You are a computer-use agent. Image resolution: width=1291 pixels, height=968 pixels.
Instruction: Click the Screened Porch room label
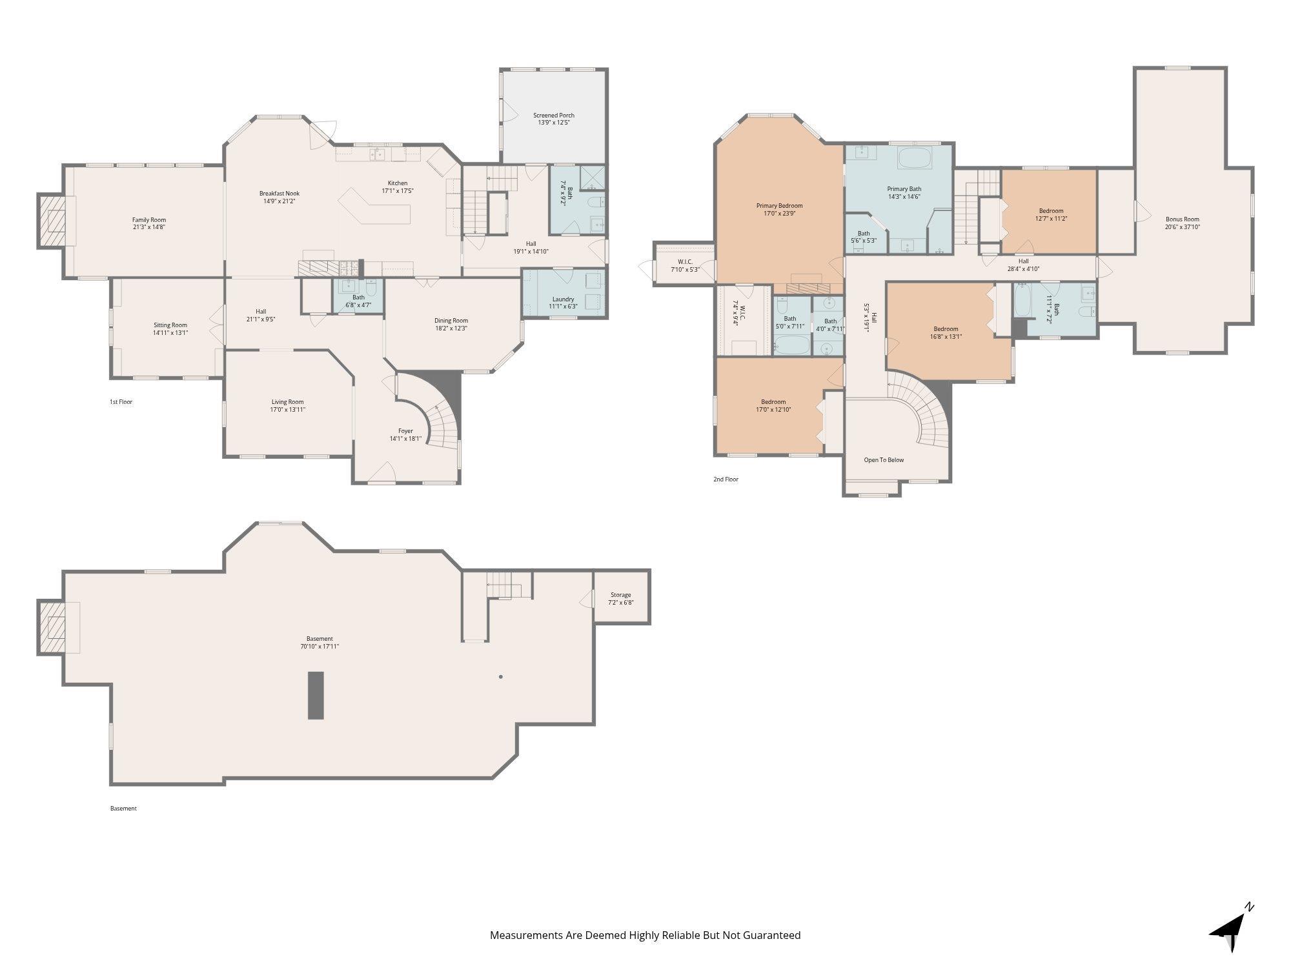553,116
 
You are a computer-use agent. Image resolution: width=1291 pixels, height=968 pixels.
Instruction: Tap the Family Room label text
149,220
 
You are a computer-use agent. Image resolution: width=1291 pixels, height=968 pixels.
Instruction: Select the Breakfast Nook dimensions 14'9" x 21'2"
280,201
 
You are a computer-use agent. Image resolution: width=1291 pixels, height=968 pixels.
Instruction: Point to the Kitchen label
398,183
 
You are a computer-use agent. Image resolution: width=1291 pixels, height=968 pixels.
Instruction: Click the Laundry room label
564,299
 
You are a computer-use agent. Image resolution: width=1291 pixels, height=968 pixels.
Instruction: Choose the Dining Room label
451,321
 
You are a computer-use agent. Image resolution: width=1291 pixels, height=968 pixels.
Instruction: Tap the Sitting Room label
170,325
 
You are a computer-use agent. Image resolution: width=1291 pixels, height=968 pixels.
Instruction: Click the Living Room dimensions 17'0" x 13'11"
288,409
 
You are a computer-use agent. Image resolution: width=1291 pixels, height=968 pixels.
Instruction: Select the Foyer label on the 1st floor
405,431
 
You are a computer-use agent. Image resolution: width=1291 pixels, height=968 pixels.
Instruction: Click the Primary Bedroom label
780,206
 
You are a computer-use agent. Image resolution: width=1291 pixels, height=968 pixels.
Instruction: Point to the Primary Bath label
904,189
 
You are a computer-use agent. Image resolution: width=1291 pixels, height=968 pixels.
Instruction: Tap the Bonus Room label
1183,219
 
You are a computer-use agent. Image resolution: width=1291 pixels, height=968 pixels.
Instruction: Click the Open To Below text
884,460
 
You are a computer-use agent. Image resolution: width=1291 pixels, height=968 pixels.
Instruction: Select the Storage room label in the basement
621,595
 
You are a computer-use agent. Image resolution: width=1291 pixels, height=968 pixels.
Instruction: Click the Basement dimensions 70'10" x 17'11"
320,646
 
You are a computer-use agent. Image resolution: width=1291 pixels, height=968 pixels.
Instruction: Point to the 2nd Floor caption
726,479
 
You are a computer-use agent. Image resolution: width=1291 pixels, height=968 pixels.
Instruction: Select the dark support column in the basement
315,695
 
